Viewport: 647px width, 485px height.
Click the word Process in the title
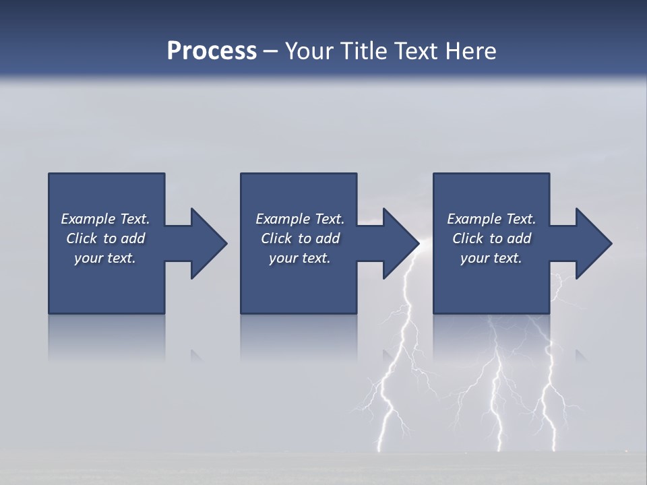pos(212,51)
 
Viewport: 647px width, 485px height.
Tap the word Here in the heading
pos(470,51)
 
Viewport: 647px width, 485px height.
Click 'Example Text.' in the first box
pos(105,219)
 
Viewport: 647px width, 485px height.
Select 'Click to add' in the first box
pos(105,238)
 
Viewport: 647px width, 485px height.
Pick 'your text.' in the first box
pos(105,258)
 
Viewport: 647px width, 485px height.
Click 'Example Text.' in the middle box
pos(300,219)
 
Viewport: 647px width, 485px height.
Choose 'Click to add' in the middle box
pos(300,238)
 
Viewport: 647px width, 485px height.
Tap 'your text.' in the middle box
pos(300,258)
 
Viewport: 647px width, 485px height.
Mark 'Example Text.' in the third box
pos(491,219)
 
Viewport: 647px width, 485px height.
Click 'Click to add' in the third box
pos(491,238)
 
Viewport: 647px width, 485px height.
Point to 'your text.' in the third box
pos(491,258)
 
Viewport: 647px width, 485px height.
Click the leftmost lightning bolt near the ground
pos(382,431)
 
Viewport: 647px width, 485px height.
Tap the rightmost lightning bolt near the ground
pos(553,431)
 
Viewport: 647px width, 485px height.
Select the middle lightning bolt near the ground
pos(499,431)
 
